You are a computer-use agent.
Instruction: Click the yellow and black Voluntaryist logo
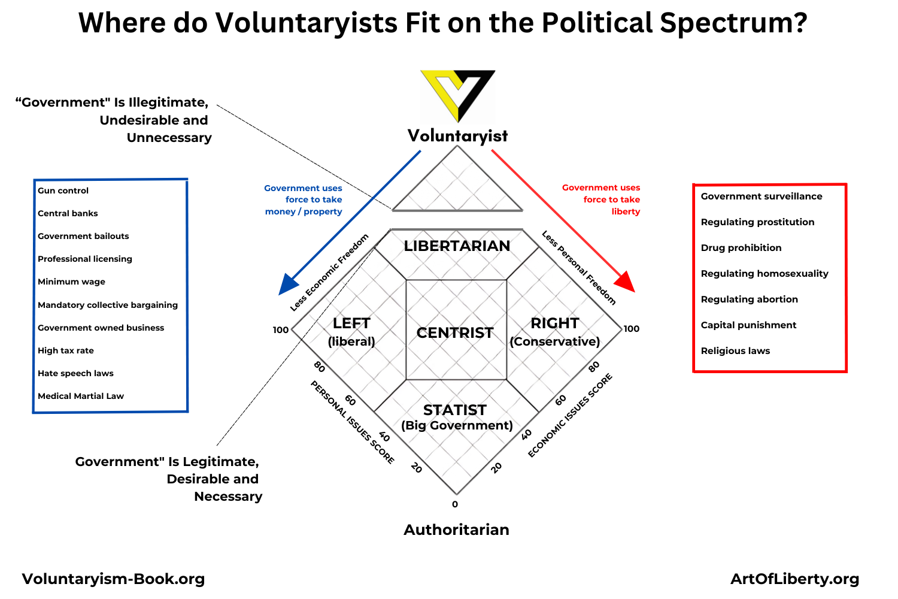click(x=458, y=96)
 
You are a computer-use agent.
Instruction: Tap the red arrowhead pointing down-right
click(x=625, y=282)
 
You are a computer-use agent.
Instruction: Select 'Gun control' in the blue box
click(x=63, y=190)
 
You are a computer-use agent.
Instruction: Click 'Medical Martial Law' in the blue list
click(x=81, y=396)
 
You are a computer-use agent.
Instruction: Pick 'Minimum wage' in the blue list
click(x=71, y=282)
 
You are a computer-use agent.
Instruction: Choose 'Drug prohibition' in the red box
click(x=741, y=247)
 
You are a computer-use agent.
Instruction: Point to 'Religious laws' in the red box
click(x=735, y=350)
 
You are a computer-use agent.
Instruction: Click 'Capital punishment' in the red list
click(x=748, y=325)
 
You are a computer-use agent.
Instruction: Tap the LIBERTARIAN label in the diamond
click(x=457, y=246)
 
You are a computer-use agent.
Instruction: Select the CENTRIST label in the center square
click(x=455, y=332)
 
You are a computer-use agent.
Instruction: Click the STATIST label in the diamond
click(x=455, y=410)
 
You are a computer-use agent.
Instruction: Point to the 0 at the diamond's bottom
click(x=454, y=504)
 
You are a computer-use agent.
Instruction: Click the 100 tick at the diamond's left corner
click(x=281, y=330)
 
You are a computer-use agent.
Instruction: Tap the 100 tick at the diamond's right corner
click(x=632, y=329)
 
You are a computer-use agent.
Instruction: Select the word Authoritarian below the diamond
click(x=456, y=530)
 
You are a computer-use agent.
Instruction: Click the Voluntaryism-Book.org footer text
click(x=113, y=579)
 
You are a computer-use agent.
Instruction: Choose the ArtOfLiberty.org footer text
click(x=794, y=579)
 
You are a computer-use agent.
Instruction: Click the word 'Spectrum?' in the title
click(x=733, y=23)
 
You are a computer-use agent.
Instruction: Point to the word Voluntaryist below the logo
click(x=457, y=136)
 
